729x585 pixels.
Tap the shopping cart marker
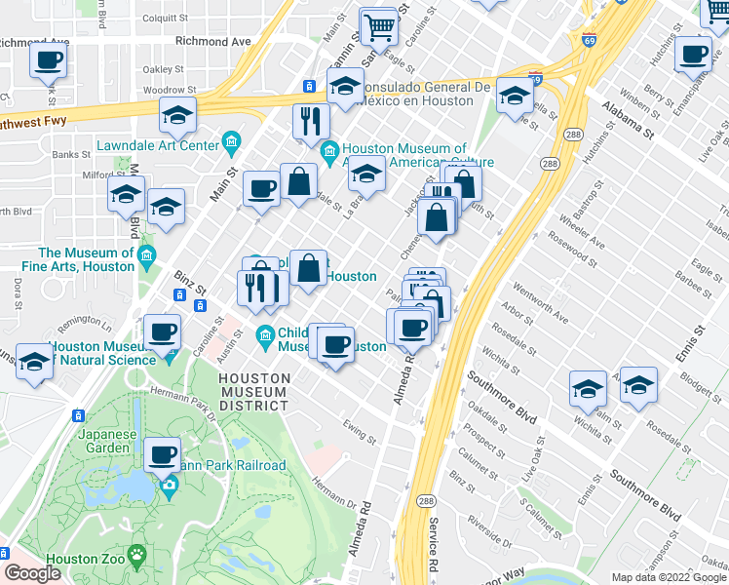[x=378, y=27]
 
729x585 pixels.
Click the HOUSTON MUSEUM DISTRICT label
[x=253, y=391]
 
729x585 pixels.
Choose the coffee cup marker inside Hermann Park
[x=162, y=454]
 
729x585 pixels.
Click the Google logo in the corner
[x=32, y=573]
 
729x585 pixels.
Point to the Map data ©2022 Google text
[x=669, y=577]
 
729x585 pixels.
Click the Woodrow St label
[x=163, y=90]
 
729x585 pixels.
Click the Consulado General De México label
[x=425, y=94]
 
